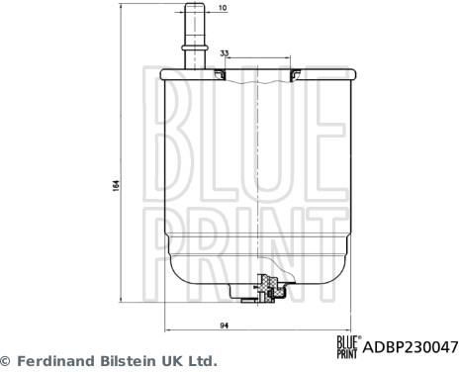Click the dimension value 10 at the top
223,7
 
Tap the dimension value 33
225,53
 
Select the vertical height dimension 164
116,186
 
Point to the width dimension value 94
225,325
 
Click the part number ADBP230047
411,347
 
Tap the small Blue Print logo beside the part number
348,346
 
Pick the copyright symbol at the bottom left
6,361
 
